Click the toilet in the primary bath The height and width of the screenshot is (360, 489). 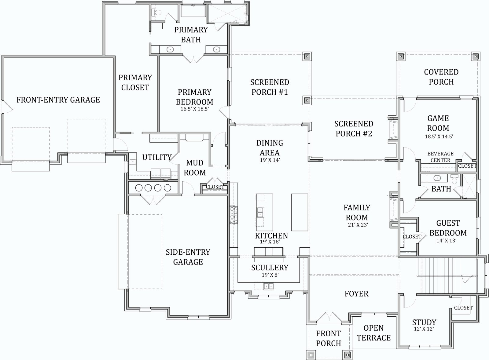(157, 13)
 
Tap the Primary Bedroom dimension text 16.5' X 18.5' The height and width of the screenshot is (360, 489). (195, 109)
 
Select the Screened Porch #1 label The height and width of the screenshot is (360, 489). (270, 87)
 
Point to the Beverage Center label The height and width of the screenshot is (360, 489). (440, 157)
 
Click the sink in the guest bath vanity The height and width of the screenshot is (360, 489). (437, 178)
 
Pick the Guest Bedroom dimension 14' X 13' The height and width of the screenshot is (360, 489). (447, 241)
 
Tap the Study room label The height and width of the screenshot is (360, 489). (424, 322)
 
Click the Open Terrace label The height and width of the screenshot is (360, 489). (373, 333)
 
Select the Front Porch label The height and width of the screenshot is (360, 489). (328, 338)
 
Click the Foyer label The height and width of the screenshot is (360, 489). (356, 294)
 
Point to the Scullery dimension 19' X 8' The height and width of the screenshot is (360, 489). (270, 275)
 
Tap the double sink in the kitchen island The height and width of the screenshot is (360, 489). (260, 213)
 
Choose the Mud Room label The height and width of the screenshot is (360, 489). (194, 168)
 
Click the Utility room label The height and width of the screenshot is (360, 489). (157, 157)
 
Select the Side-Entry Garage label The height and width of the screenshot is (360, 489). (188, 257)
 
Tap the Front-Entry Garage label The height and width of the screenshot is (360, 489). (58, 100)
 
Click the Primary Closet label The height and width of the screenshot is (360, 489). (135, 83)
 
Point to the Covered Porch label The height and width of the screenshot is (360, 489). (441, 77)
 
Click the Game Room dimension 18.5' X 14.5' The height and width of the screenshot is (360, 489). (439, 137)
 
